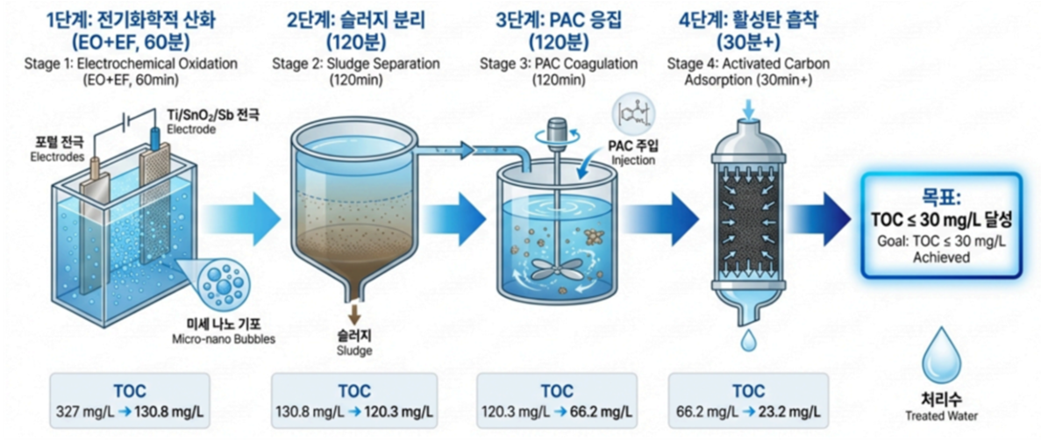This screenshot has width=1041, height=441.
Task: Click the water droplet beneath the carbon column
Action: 747,340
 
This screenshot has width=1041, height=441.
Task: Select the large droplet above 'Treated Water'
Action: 938,352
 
